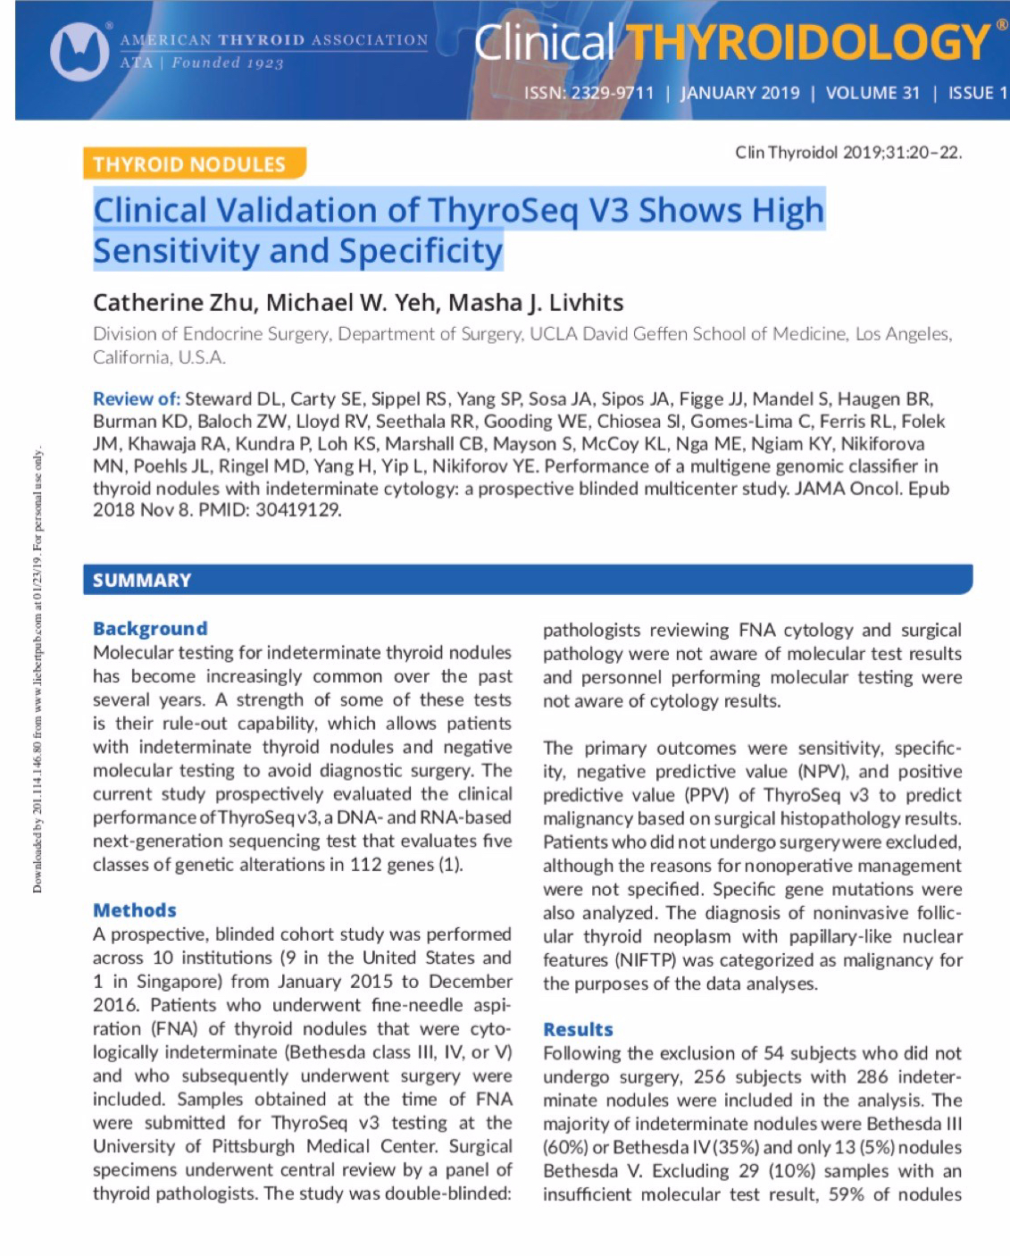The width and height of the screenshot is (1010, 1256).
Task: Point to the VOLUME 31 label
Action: [x=872, y=93]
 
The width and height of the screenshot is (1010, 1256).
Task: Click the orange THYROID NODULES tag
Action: [x=189, y=164]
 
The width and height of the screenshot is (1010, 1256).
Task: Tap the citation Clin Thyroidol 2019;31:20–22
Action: [x=848, y=153]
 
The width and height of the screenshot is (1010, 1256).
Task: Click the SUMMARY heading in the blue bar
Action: [x=142, y=581]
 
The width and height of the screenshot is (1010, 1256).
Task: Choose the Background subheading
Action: [x=150, y=628]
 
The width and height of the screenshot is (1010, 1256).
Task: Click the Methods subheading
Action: [x=135, y=910]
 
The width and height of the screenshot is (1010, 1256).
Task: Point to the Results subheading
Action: [x=578, y=1029]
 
